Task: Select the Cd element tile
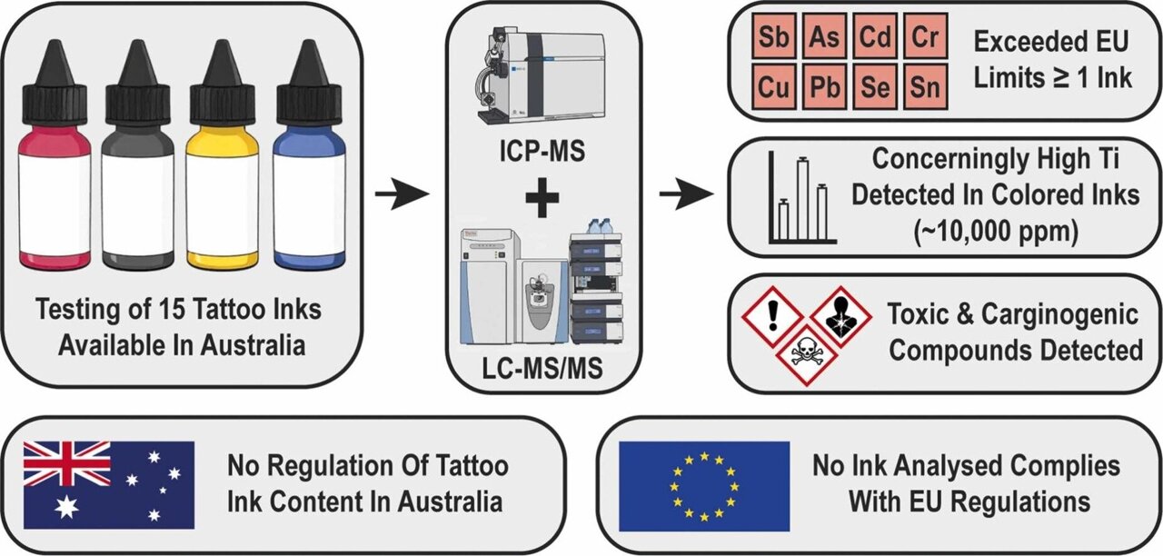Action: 875,40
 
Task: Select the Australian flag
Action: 109,484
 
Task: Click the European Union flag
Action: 704,486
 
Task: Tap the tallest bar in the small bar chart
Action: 802,200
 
